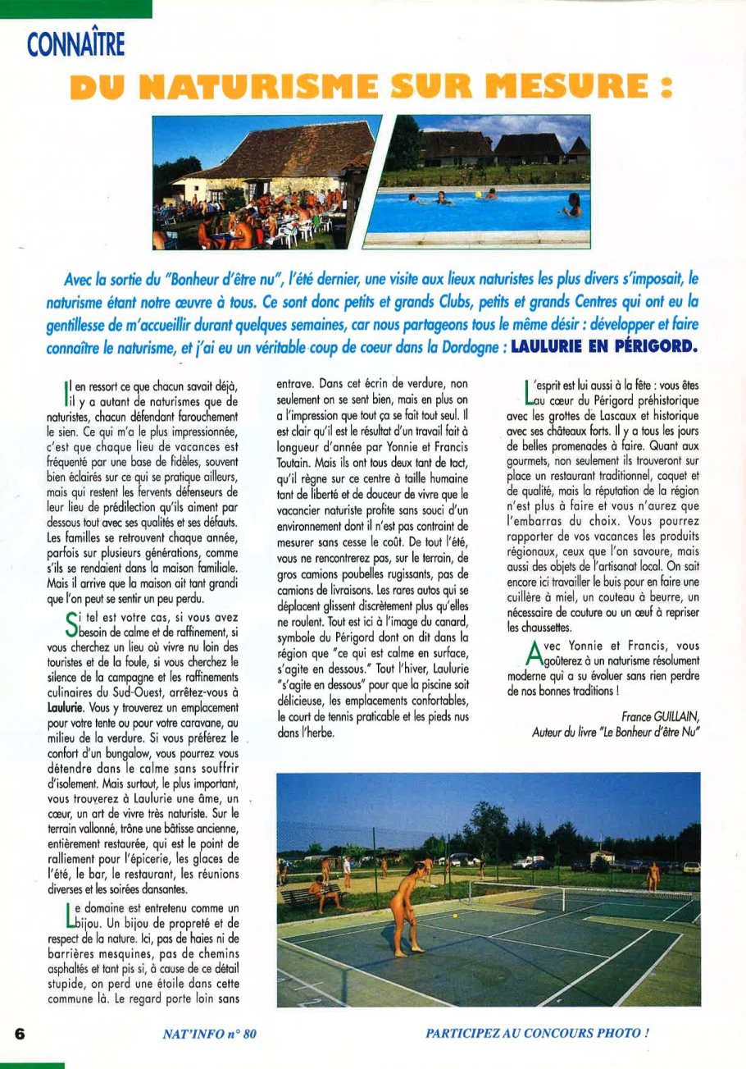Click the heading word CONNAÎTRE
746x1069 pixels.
75,43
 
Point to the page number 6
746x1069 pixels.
20,1033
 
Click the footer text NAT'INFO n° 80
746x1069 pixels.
210,1034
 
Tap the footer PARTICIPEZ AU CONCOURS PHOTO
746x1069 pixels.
537,1033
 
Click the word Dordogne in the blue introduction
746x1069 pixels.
465,347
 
